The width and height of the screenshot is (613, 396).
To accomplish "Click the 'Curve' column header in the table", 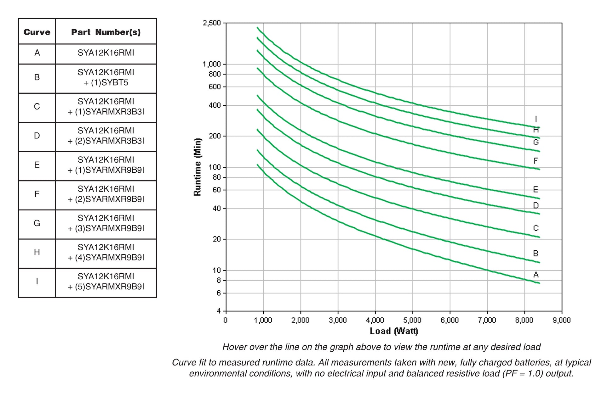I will pyautogui.click(x=37, y=32).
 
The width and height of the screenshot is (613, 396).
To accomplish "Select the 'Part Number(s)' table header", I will pyautogui.click(x=106, y=32).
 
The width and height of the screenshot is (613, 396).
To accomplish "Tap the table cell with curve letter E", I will pyautogui.click(x=37, y=165).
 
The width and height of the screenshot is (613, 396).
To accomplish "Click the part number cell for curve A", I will pyautogui.click(x=106, y=53).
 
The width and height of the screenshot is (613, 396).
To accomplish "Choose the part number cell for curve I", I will pyautogui.click(x=106, y=282).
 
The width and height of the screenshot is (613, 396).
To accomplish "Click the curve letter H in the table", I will pyautogui.click(x=37, y=252).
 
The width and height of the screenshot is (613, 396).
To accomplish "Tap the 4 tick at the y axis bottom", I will pyautogui.click(x=219, y=311).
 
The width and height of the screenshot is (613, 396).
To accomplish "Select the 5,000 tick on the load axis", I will pyautogui.click(x=412, y=320).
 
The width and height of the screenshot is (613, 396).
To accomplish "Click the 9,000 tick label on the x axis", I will pyautogui.click(x=562, y=320).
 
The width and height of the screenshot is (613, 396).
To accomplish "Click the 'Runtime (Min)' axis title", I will pyautogui.click(x=198, y=167).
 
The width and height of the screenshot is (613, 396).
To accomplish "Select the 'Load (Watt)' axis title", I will pyautogui.click(x=394, y=331).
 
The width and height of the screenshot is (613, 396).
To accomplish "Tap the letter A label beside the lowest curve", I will pyautogui.click(x=536, y=275).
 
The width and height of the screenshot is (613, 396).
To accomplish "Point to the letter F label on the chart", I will pyautogui.click(x=536, y=161).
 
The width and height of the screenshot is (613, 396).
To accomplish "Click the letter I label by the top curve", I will pyautogui.click(x=536, y=119).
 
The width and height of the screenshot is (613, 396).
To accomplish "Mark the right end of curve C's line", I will pyautogui.click(x=539, y=237).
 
